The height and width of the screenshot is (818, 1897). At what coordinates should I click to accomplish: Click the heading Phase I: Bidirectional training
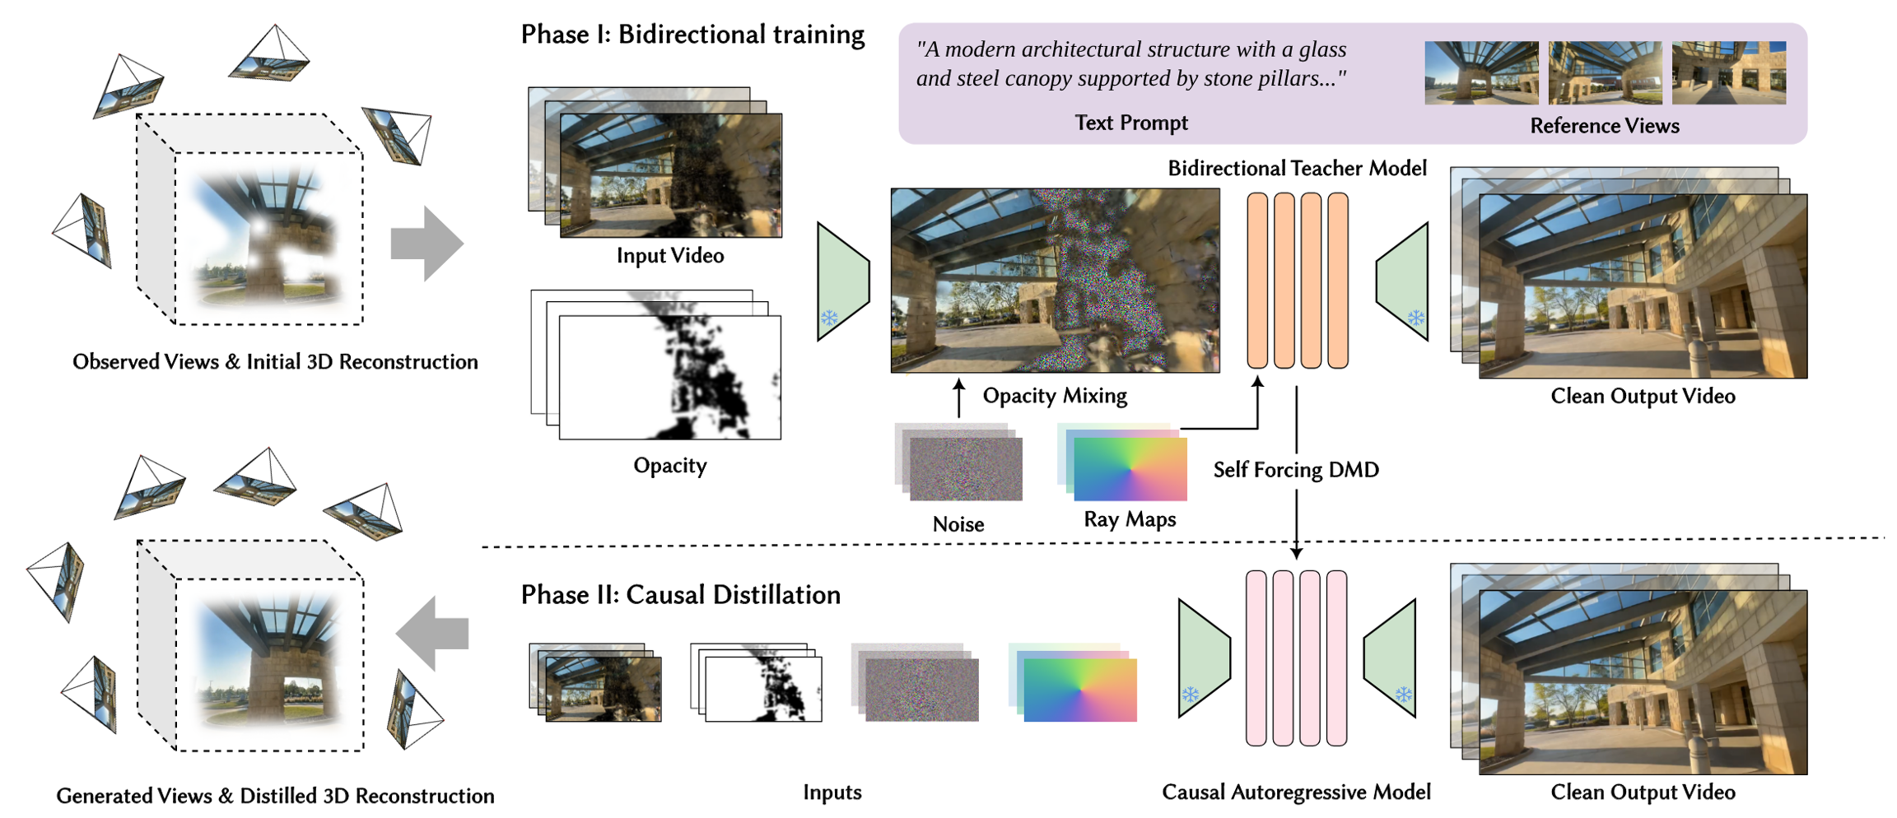click(692, 35)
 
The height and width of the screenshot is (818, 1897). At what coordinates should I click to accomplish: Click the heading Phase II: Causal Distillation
click(680, 594)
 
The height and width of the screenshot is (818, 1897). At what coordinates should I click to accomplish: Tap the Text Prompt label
click(1130, 123)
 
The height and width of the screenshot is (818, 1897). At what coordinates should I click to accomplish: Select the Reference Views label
click(1604, 126)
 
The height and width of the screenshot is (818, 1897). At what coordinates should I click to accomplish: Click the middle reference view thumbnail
click(1604, 73)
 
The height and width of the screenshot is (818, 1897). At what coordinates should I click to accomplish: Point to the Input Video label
click(670, 256)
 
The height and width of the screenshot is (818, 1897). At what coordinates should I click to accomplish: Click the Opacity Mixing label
click(1054, 396)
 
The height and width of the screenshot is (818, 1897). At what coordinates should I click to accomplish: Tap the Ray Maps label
click(1130, 519)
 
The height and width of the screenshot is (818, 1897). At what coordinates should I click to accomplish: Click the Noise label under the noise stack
click(958, 524)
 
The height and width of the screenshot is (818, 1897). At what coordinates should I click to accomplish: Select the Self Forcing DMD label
click(1295, 470)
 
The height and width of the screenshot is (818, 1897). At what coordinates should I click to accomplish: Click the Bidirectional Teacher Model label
click(1297, 169)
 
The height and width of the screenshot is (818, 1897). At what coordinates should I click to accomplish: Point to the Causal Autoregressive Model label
click(1296, 792)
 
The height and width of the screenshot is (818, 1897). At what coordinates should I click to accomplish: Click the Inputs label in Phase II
click(832, 792)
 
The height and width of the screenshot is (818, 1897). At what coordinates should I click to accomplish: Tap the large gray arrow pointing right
click(426, 244)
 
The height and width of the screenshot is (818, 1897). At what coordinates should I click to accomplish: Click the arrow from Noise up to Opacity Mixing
click(958, 398)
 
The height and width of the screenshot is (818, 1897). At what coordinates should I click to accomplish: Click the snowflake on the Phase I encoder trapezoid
click(829, 318)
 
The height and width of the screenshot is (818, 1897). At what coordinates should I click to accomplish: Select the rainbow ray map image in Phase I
click(1130, 469)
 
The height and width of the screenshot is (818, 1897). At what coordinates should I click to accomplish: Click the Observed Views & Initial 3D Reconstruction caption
click(275, 362)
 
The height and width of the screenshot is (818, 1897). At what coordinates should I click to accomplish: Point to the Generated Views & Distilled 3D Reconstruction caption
click(275, 796)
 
